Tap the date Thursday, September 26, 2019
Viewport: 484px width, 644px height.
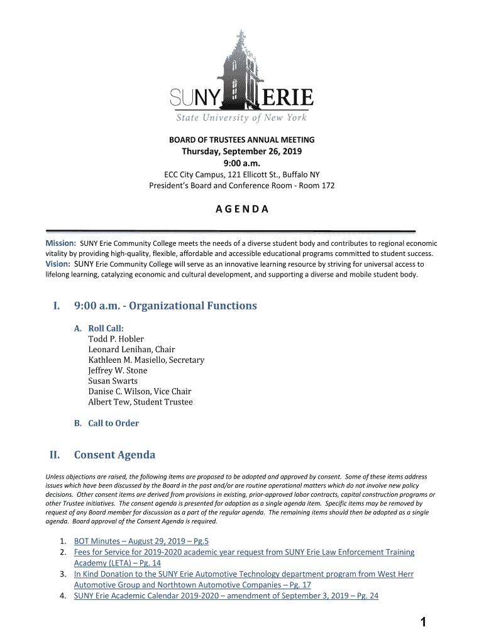click(242, 152)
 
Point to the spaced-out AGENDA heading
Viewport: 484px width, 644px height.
click(242, 209)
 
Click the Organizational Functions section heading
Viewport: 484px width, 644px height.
click(165, 306)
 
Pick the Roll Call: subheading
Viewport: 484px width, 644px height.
click(106, 328)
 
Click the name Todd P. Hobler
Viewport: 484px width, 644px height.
click(116, 339)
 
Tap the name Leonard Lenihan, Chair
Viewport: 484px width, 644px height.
click(131, 350)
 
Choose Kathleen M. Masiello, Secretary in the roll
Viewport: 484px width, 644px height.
click(146, 360)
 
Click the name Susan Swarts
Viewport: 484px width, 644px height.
click(113, 381)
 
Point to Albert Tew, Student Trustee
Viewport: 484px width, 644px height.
click(140, 402)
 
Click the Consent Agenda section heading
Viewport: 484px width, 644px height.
click(114, 455)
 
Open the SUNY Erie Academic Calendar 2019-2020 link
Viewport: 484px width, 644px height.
click(226, 596)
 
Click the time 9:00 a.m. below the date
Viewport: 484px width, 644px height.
click(242, 164)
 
